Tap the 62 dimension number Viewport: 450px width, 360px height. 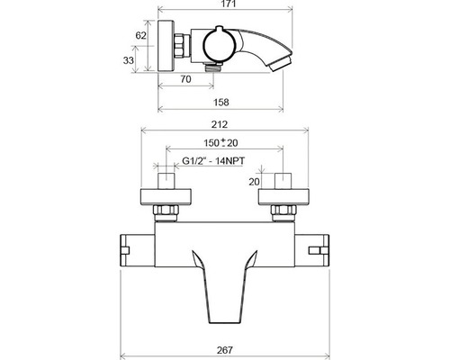(140, 35)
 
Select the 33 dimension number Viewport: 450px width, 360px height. (128, 60)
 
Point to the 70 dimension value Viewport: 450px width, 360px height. (185, 79)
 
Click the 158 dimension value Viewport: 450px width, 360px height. (221, 103)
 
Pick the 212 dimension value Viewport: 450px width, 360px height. (220, 124)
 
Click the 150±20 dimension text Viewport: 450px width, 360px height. (220, 143)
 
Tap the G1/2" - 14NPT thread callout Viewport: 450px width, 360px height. (213, 161)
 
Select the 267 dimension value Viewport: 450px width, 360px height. (224, 350)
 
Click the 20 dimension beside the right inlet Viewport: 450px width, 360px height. (254, 182)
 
